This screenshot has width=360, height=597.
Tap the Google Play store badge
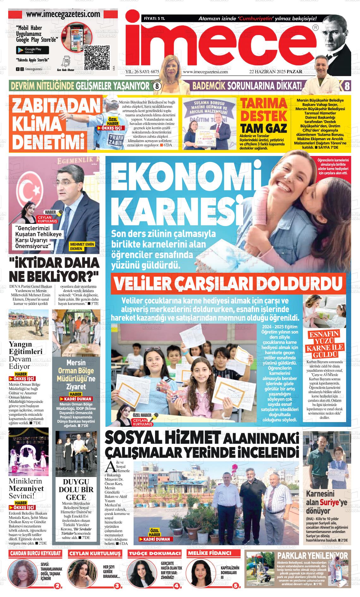pos(33,50)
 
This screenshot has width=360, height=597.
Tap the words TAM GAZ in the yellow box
pos(263,128)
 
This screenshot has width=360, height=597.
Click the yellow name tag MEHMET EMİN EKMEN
pos(82,246)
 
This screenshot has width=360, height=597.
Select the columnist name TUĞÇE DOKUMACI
pos(155,553)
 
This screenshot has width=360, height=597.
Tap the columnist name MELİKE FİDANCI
pos(209,553)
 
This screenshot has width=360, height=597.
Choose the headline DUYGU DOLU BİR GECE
pos(76,489)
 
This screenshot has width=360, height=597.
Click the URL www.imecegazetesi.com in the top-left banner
pos(63,15)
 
